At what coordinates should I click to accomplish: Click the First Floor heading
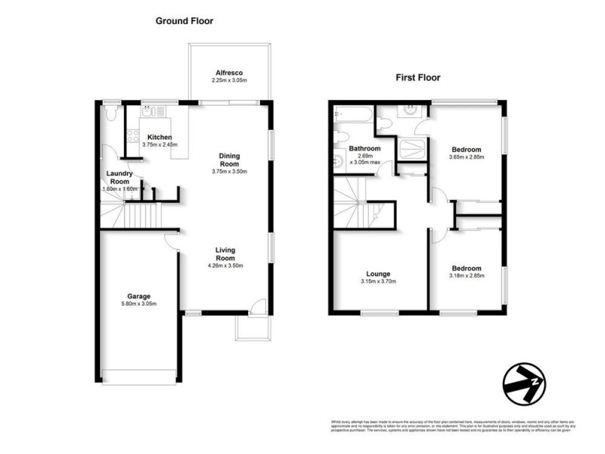(418, 77)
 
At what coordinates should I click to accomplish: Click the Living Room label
(226, 254)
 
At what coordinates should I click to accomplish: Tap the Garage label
(138, 296)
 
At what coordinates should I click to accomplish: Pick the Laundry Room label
(122, 178)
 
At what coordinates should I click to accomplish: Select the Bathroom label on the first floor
(365, 148)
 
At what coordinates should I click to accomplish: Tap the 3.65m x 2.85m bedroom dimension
(467, 157)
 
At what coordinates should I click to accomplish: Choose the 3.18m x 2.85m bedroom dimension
(467, 276)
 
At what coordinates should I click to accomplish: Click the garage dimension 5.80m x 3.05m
(138, 304)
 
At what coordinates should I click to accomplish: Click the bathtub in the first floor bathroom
(353, 115)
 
